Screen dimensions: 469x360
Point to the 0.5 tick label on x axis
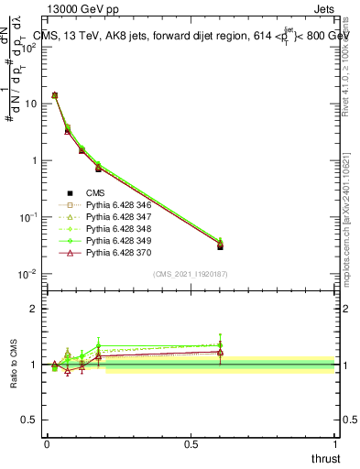(191, 443)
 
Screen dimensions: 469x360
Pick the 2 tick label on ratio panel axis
(34, 309)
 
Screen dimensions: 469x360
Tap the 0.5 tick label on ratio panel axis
(29, 420)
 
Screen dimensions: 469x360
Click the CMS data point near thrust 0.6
(220, 246)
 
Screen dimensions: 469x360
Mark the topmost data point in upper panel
(55, 94)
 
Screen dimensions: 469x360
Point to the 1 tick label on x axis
(335, 443)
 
